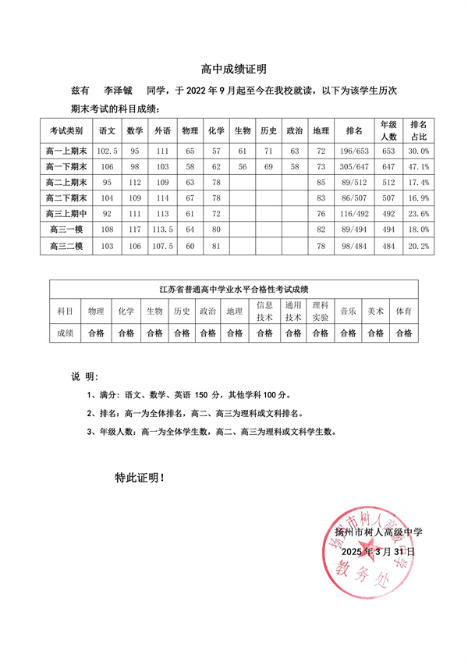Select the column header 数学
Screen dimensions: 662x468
[134, 130]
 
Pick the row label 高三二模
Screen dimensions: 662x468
[66, 247]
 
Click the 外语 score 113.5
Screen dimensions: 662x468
[162, 230]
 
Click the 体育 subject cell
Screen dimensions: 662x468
[403, 311]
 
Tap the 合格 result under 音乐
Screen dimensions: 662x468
[348, 333]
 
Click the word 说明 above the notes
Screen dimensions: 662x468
[82, 376]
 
